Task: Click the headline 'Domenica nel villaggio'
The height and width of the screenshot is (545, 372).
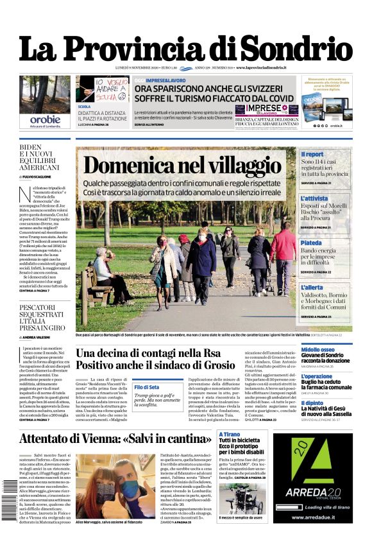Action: tap(182, 166)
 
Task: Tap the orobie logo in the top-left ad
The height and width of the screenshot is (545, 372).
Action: tap(45, 119)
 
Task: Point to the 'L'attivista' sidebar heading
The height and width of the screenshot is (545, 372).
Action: tap(314, 199)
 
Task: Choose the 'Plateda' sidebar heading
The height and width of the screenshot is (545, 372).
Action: tap(311, 243)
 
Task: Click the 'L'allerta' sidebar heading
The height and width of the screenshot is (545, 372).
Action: tap(312, 287)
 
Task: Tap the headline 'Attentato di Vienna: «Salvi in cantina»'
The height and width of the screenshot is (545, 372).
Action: tap(115, 439)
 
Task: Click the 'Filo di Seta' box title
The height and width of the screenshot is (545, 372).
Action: tap(147, 387)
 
